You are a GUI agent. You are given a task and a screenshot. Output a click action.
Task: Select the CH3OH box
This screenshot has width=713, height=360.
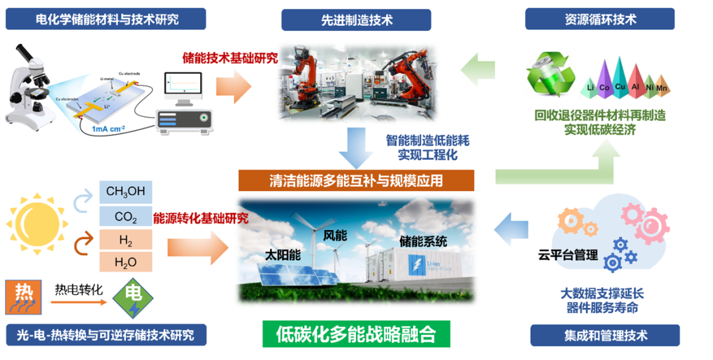pyautogui.click(x=125, y=192)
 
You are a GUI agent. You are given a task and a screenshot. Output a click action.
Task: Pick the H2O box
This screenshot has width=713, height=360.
pyautogui.click(x=125, y=262)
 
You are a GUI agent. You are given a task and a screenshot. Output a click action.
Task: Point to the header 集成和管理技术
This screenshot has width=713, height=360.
pyautogui.click(x=604, y=336)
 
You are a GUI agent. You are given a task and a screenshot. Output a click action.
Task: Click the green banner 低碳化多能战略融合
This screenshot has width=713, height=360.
pyautogui.click(x=356, y=334)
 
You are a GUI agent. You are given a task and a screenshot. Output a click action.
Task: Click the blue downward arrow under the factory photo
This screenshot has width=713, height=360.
pyautogui.click(x=356, y=148)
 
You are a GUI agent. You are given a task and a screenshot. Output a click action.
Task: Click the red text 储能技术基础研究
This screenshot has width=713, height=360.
pyautogui.click(x=230, y=57)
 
